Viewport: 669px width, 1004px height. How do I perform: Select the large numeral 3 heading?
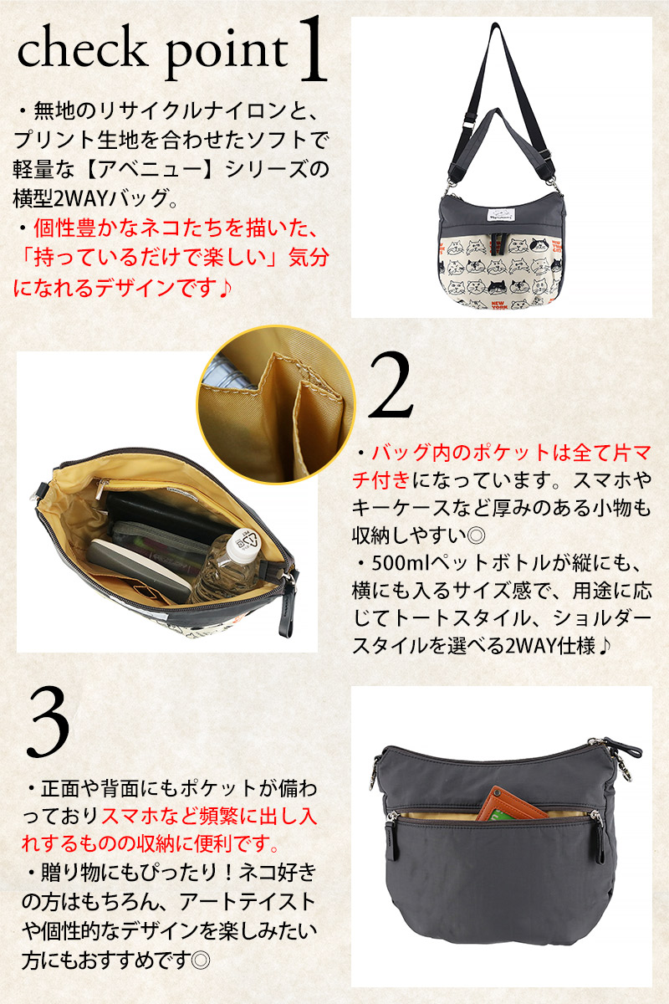coord(49,721)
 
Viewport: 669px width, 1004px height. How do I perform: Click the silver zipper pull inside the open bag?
coord(104,484)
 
